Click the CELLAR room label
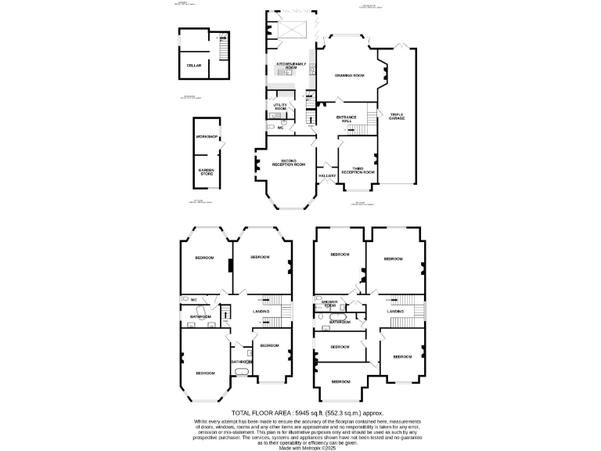coord(193,66)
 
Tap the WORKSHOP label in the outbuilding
coord(206,136)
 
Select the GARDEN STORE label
coord(206,171)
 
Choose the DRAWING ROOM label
coord(350,75)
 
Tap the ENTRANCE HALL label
coord(346,119)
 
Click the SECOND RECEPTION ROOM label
coord(288,162)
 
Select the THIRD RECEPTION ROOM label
coord(357,169)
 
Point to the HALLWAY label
coord(327,175)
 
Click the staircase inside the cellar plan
coord(223,52)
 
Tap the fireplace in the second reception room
coord(257,164)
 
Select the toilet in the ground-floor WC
coord(271,125)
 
